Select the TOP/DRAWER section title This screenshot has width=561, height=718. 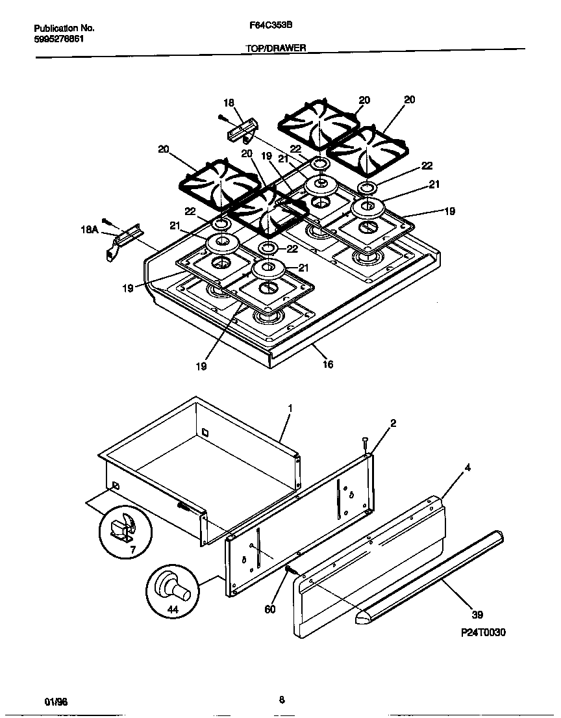pos(276,48)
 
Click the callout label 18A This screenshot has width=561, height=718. pos(88,230)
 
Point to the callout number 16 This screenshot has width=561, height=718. pos(328,365)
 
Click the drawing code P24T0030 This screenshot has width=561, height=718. pos(479,632)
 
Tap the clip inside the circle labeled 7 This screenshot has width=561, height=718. pos(121,525)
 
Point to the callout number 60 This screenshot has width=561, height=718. pos(270,609)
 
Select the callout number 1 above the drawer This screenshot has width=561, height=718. pos(290,408)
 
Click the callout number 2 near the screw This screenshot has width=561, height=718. pos(393,423)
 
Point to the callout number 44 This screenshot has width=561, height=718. pos(172,609)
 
